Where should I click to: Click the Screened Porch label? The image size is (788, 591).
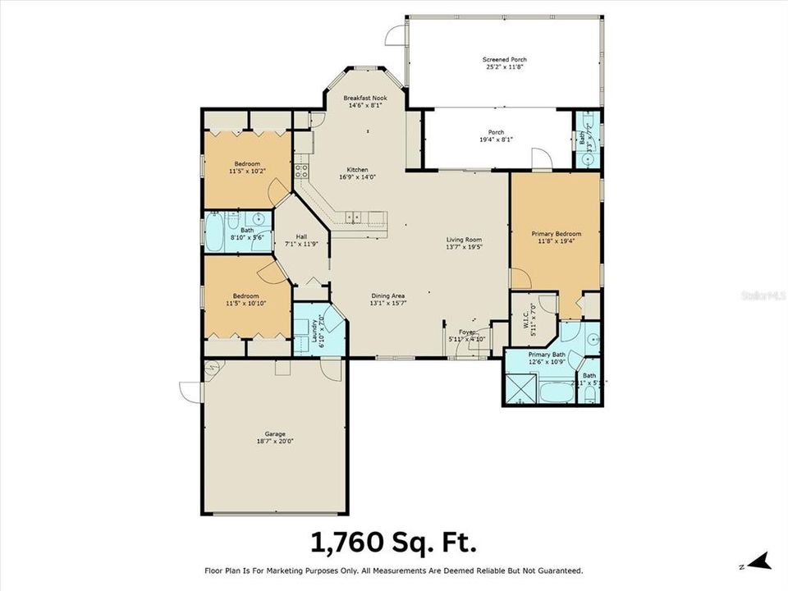coord(505,59)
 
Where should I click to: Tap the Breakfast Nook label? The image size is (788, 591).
coord(365,98)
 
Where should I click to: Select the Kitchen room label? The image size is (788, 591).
coord(357,170)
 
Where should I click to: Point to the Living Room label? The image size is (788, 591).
coord(463,239)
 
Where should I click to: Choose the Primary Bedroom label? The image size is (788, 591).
coord(556,234)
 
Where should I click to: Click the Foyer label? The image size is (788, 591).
coord(467,332)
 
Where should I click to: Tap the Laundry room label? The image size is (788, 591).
coord(314,330)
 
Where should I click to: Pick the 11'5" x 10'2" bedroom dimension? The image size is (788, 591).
coord(246,171)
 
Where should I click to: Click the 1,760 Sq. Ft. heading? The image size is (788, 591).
coord(393,543)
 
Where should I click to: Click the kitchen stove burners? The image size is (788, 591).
coord(301,171)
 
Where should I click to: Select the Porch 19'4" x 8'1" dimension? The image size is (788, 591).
coord(496,140)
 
